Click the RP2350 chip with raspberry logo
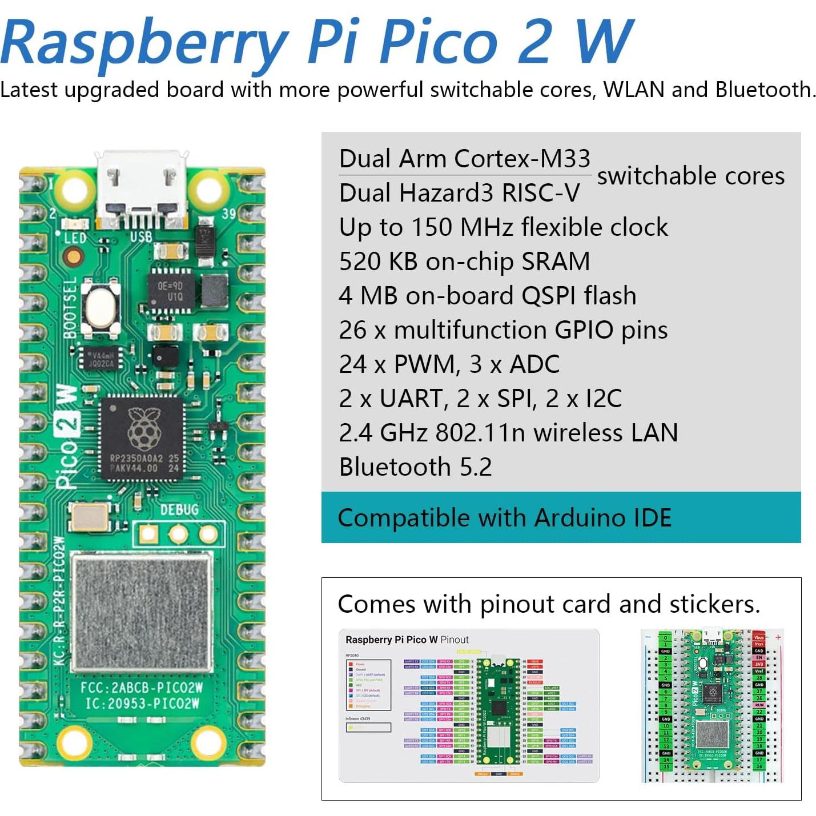143,437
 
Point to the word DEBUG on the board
179,509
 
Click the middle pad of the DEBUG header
178,534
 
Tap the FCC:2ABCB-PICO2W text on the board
142,687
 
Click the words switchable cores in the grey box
690,176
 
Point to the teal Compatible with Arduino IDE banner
561,517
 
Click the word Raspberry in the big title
143,43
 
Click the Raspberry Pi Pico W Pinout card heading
407,640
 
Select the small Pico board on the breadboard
712,706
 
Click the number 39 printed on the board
228,214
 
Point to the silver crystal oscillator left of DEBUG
89,516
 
